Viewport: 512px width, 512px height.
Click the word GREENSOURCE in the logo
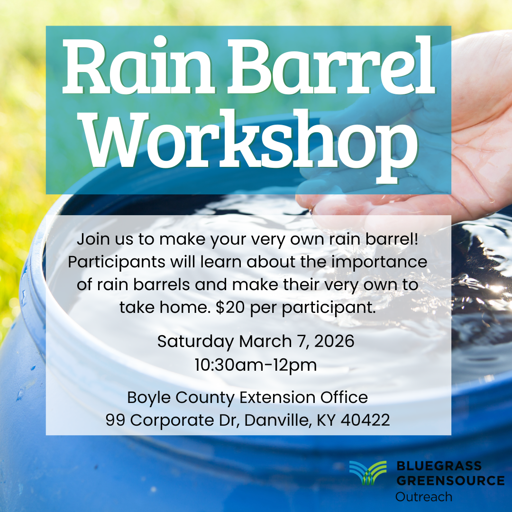coord(450,480)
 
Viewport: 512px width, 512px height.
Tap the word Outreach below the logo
coord(424,496)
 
